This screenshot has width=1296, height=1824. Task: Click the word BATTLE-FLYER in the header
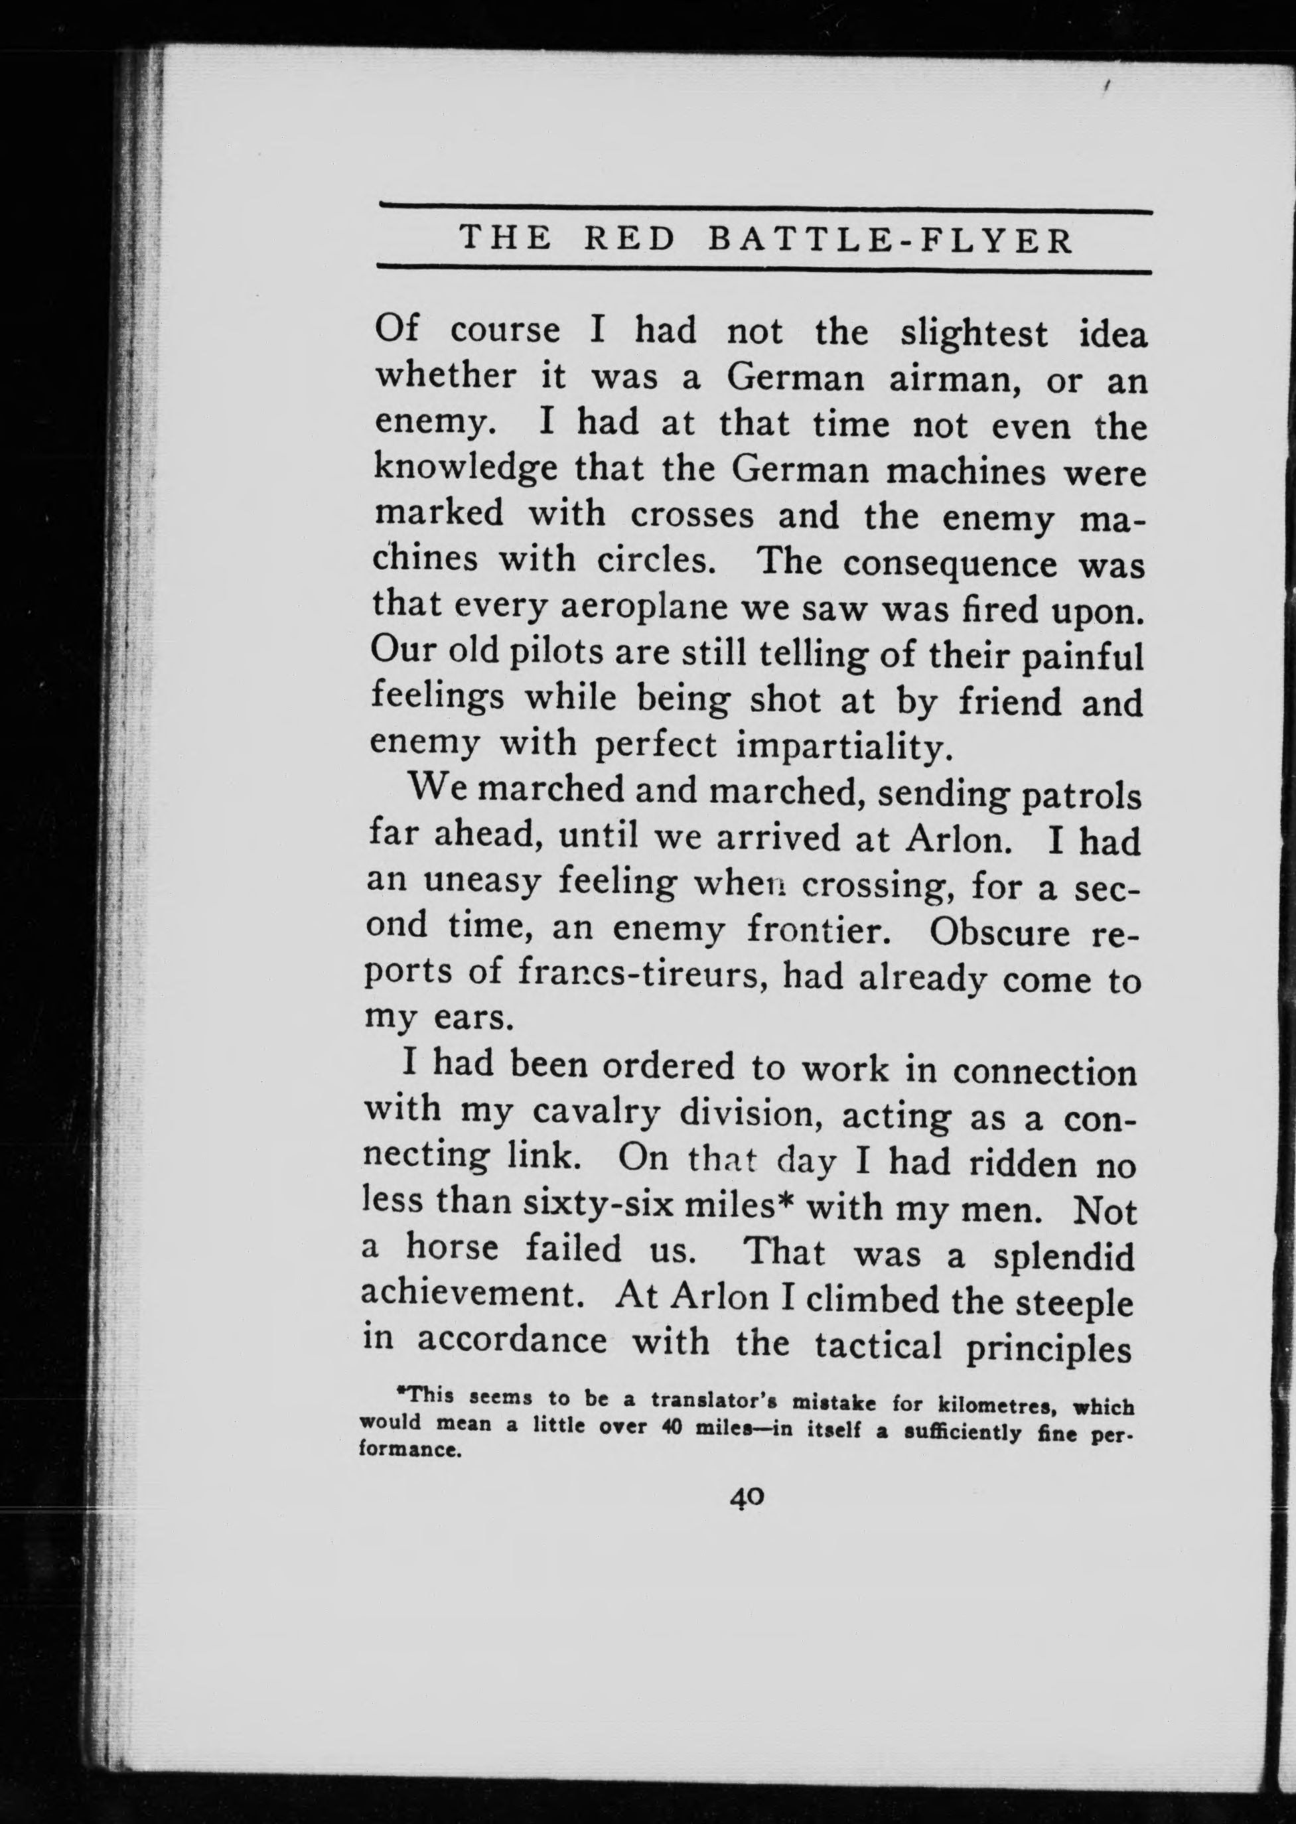[x=891, y=240]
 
